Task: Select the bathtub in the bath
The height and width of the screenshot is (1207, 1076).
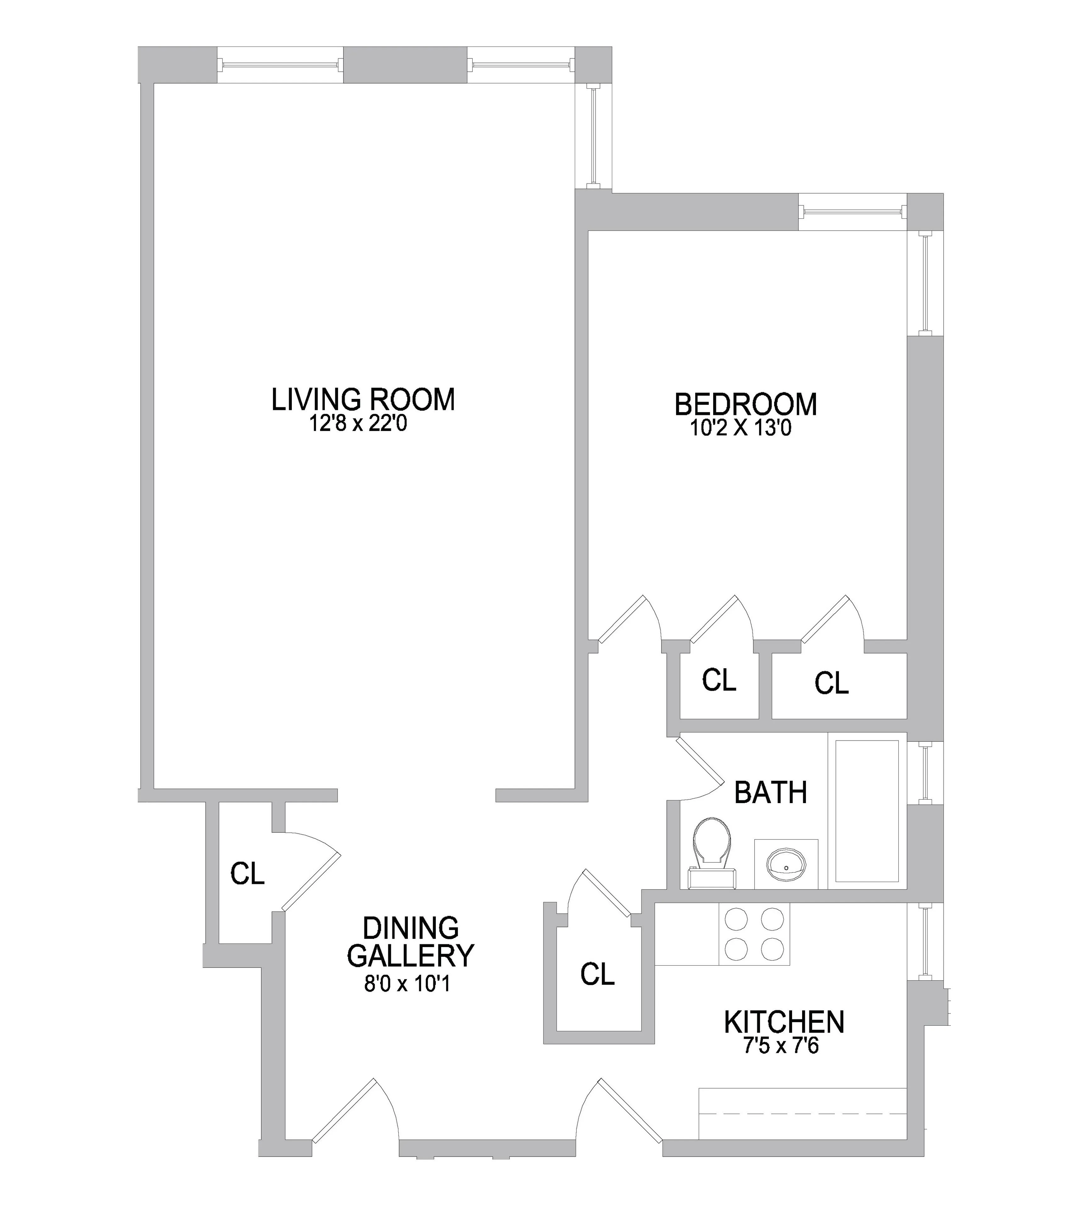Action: (867, 810)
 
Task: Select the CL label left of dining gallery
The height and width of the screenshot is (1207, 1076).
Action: (247, 873)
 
